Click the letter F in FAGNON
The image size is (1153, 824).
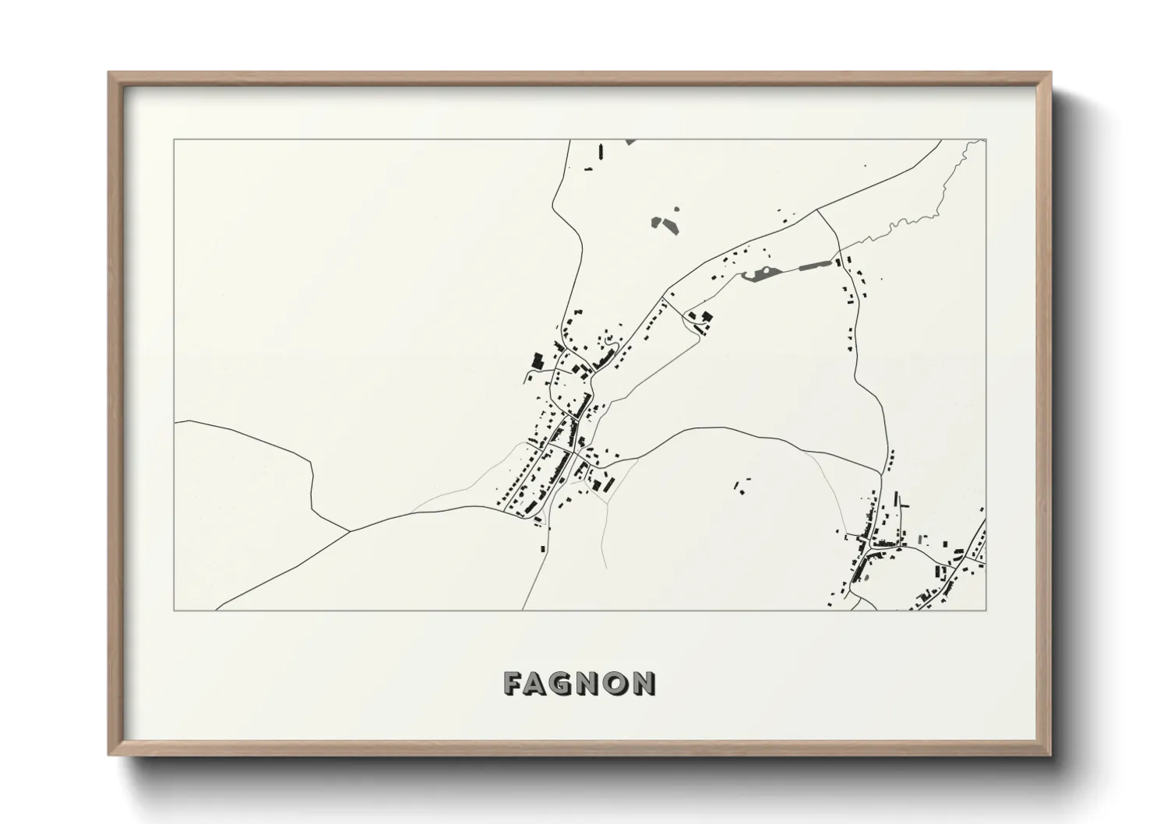point(514,684)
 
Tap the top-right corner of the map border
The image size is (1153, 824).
point(986,140)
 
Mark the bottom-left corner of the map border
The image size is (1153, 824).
point(175,610)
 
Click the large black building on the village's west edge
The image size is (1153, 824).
point(537,361)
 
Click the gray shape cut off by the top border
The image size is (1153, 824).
point(630,142)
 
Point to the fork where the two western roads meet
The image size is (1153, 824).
point(348,531)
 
